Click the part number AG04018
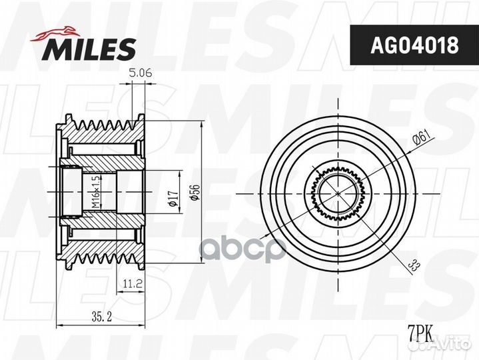coord(414,45)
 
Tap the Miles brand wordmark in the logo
coord(91,49)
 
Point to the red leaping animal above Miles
coord(55,33)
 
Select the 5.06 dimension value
coord(141,73)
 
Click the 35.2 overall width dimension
coord(102,317)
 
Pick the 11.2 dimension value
coord(133,284)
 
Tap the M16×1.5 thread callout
coord(96,192)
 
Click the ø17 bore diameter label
coord(173,198)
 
